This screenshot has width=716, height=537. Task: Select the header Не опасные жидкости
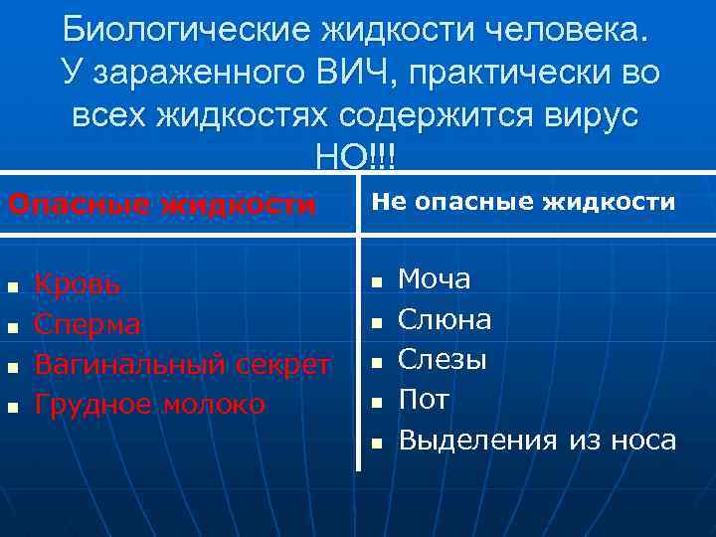(x=523, y=203)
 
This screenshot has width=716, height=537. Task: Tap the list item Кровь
(x=78, y=284)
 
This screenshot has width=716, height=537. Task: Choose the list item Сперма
(x=88, y=324)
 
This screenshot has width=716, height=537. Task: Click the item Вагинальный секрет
(x=182, y=364)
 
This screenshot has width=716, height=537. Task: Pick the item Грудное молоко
(x=149, y=404)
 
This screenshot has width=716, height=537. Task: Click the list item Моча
(x=435, y=279)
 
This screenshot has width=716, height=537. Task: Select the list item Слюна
(x=445, y=319)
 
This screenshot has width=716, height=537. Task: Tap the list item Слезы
(x=443, y=359)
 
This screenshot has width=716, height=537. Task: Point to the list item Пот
(x=424, y=400)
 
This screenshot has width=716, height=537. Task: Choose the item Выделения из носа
(x=537, y=440)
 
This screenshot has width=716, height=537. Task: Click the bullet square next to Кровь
(x=12, y=287)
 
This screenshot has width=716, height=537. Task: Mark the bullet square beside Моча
(x=376, y=282)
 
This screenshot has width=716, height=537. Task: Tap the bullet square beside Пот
(x=376, y=403)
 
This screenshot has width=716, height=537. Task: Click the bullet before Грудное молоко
(x=12, y=407)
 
